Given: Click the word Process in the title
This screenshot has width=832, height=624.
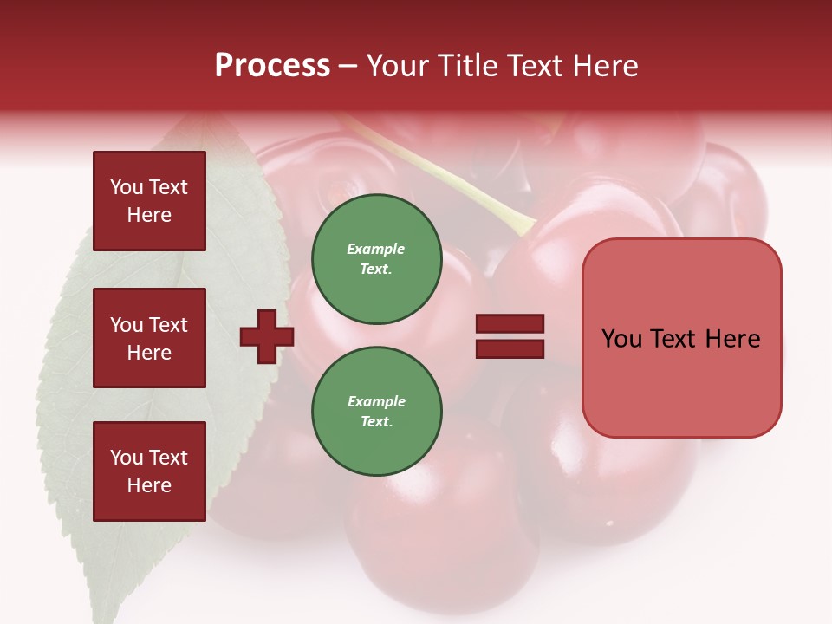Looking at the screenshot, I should pos(272,66).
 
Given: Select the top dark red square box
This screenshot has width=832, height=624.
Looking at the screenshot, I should pos(149,201).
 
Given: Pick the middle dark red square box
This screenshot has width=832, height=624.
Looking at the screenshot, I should pos(149,338).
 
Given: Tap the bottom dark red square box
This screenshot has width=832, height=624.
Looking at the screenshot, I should pos(149,471).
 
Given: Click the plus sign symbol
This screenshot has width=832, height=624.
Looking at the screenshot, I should pos(267,336).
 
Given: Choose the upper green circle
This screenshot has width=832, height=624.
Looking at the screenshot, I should pos(376,259).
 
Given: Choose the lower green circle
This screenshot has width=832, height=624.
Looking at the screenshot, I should pos(376,412).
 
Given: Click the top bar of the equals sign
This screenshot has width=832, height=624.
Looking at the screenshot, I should pos(510,324).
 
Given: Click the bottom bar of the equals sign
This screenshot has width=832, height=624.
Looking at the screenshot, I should pos(510,348).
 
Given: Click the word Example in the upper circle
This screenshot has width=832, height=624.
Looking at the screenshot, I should pos(375,249).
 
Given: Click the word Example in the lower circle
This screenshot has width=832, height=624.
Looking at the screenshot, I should pos(376,401).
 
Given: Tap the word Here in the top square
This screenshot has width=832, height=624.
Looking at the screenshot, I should pos(149,215).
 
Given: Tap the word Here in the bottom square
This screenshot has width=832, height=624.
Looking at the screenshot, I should pos(149,485).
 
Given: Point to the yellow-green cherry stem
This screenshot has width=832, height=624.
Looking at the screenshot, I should pos(451,177).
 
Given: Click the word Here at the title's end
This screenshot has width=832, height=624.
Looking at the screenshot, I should pos(607,66).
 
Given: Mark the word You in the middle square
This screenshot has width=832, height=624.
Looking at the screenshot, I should pos(126,325).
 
